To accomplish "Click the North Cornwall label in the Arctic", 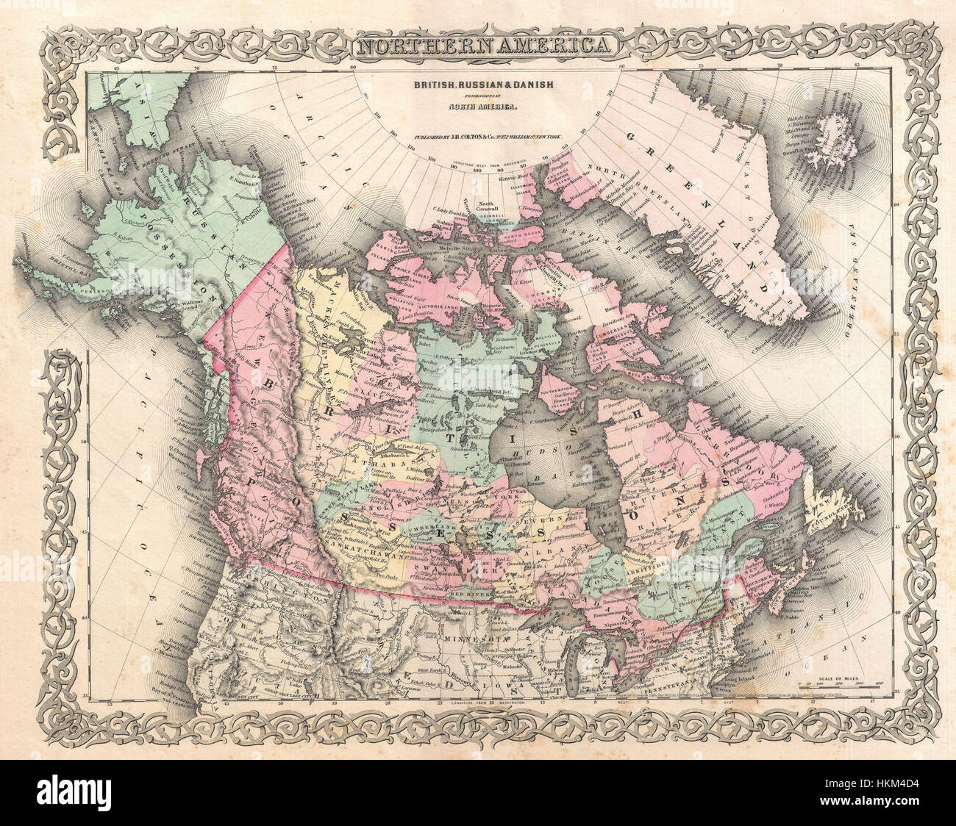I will [484, 205].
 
